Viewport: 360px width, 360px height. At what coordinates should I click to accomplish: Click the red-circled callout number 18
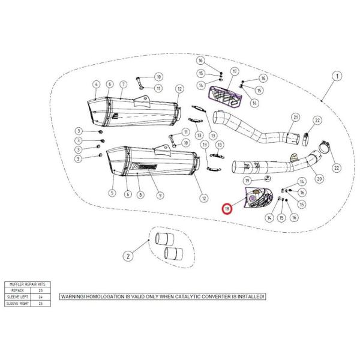(x=227, y=209)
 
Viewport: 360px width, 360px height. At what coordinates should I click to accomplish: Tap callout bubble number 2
(x=128, y=256)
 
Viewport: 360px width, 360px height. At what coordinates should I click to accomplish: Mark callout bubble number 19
(x=247, y=180)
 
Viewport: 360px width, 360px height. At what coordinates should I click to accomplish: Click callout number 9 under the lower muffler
(x=160, y=195)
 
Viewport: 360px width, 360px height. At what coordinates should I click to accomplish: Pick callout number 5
(x=112, y=193)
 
